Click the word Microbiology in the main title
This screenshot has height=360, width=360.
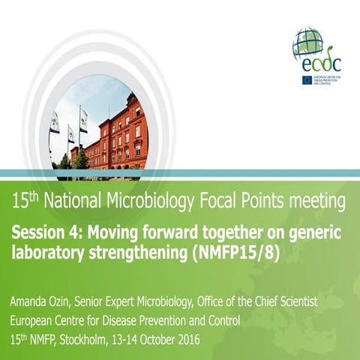[x=154, y=201]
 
